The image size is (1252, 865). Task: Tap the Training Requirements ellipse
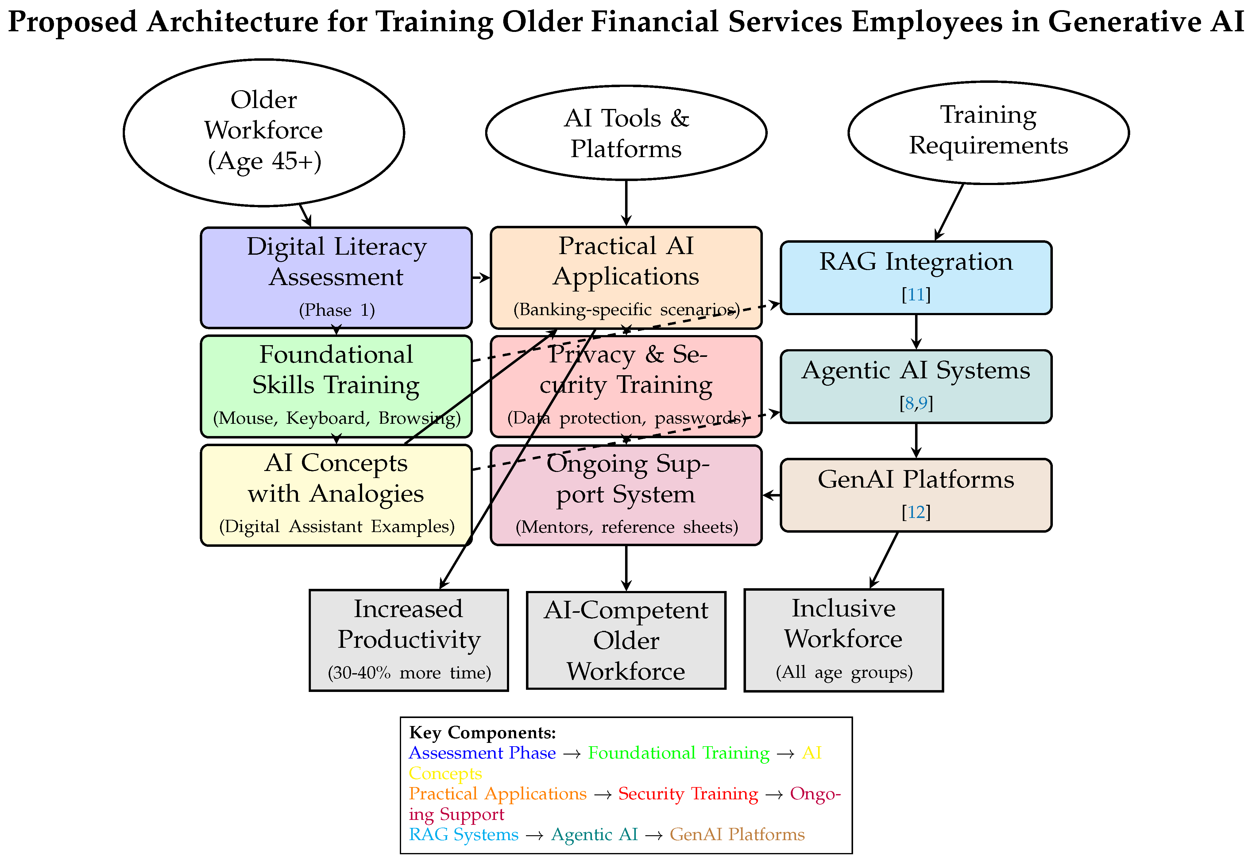[x=988, y=133]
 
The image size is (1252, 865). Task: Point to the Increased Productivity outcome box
[x=409, y=639]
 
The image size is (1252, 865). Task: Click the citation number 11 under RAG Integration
[x=916, y=295]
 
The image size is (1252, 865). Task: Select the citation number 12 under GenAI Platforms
[x=916, y=512]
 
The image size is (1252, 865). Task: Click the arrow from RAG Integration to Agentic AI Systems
[x=916, y=332]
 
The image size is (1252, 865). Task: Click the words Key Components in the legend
[x=482, y=733]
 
